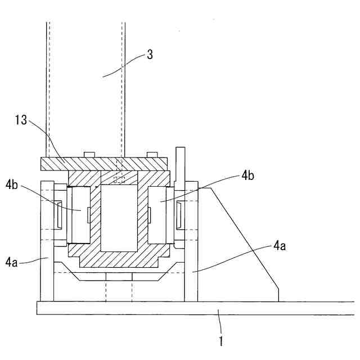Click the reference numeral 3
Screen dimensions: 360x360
tap(149, 55)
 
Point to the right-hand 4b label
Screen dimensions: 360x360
tap(248, 175)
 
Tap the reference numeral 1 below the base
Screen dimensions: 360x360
tap(221, 340)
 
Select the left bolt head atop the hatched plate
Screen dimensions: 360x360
tap(88, 154)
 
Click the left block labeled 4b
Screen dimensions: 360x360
tap(79, 214)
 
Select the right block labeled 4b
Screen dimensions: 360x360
tap(160, 214)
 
